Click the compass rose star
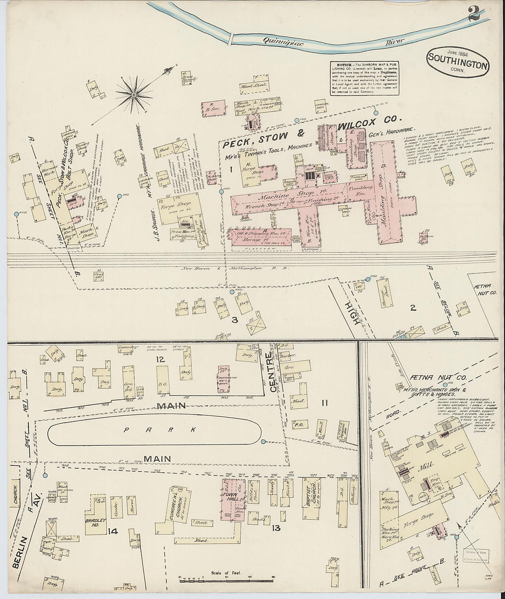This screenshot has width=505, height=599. [134, 95]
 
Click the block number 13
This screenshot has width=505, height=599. [276, 528]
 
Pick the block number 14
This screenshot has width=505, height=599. [113, 531]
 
